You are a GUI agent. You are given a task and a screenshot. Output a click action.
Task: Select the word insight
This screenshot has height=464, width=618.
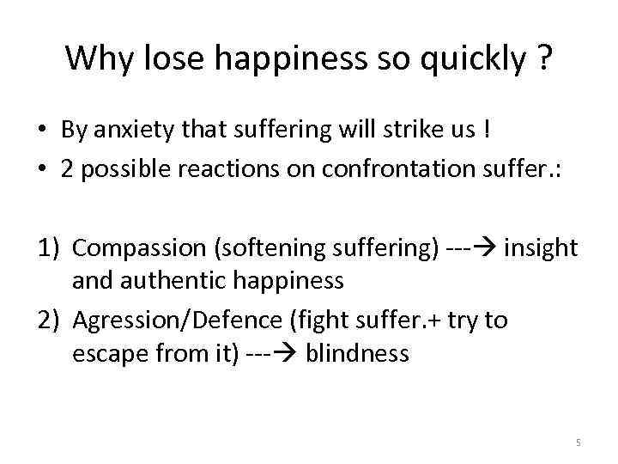tap(541, 249)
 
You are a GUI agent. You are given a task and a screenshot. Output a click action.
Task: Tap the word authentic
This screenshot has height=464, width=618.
tap(163, 280)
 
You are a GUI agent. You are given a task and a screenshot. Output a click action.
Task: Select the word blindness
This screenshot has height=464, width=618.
tap(357, 352)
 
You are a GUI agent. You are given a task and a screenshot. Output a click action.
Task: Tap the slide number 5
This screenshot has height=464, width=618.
tap(578, 443)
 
